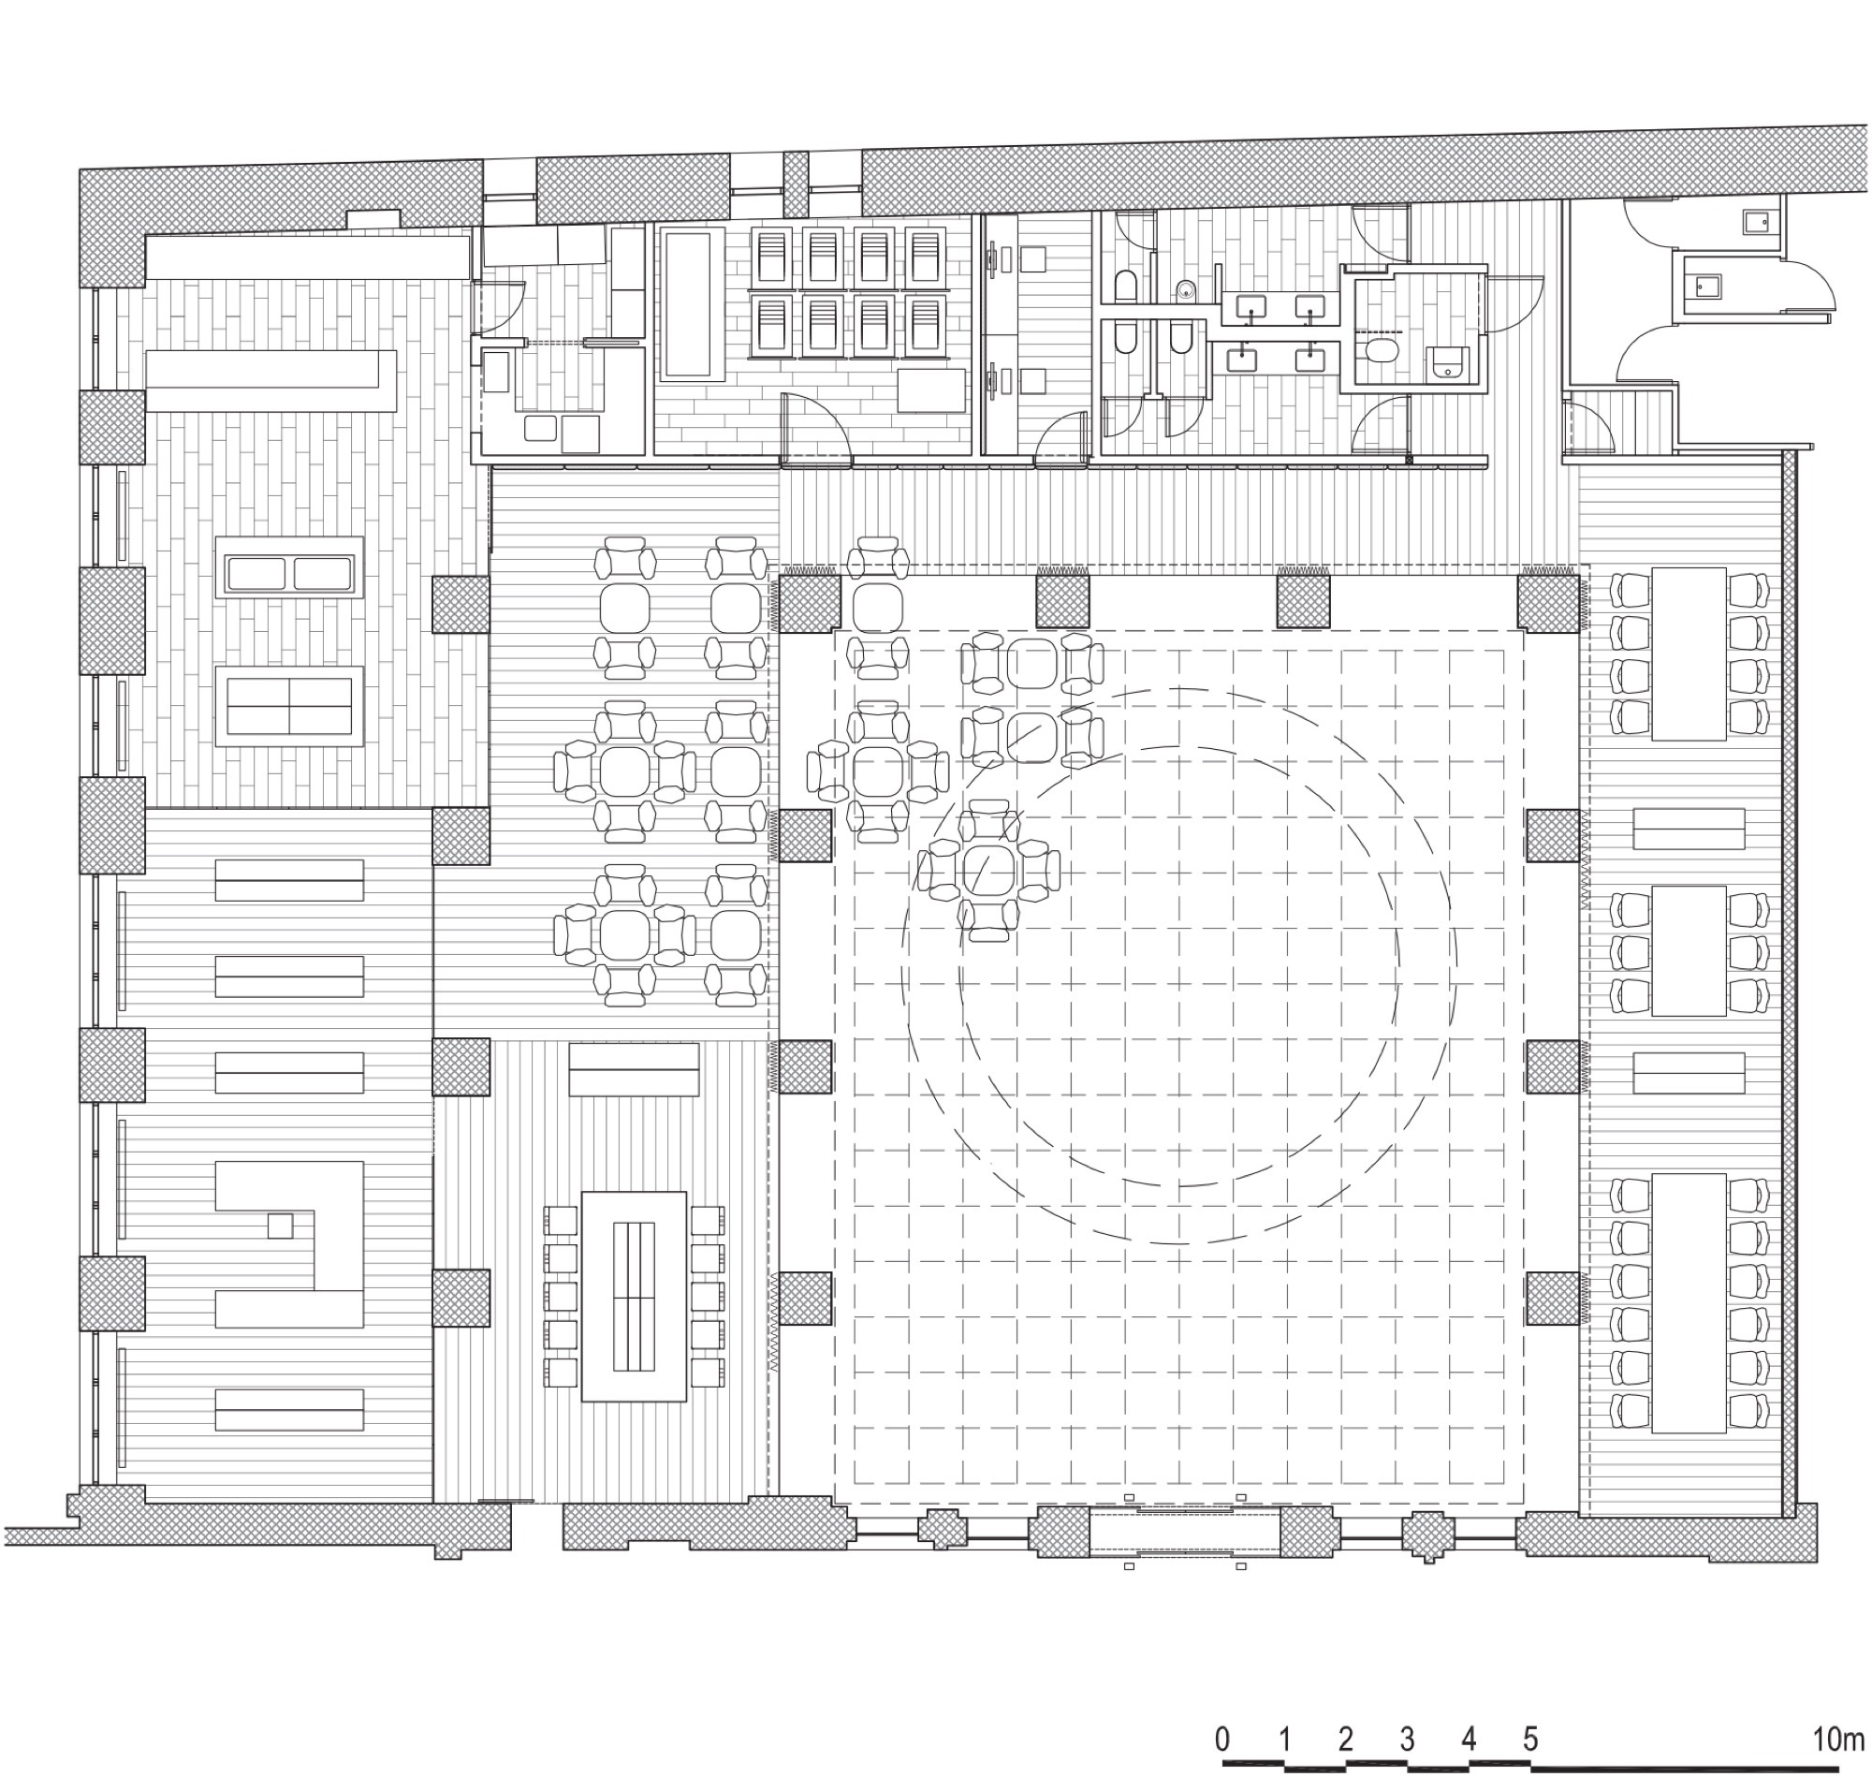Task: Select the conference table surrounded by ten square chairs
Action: point(634,1296)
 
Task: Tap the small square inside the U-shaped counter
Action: point(279,1226)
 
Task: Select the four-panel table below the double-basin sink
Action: point(289,706)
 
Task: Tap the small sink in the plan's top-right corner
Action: point(1756,222)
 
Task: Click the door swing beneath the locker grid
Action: point(814,426)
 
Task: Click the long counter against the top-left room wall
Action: point(308,256)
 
